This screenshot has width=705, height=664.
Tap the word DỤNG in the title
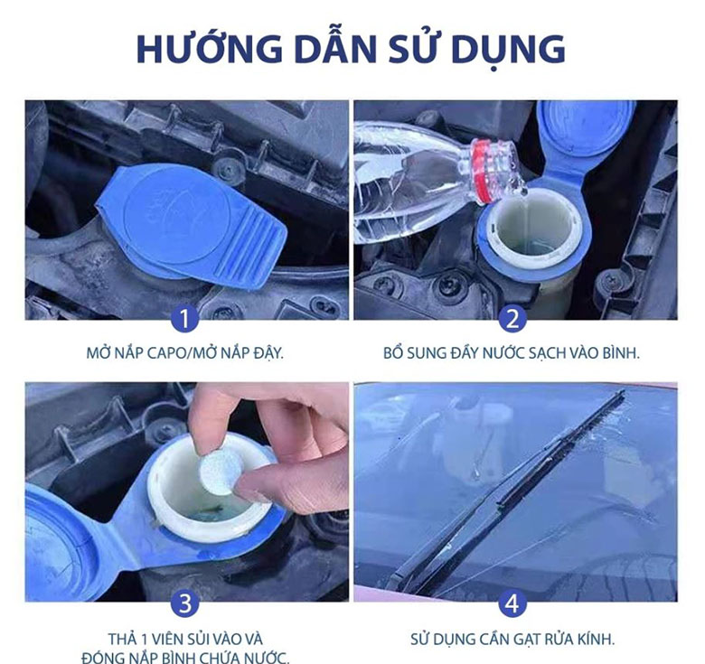[508, 49]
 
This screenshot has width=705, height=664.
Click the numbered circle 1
[186, 318]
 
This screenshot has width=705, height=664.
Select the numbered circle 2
[513, 318]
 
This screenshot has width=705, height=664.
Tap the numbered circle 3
[186, 601]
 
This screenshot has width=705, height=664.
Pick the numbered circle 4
[513, 601]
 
